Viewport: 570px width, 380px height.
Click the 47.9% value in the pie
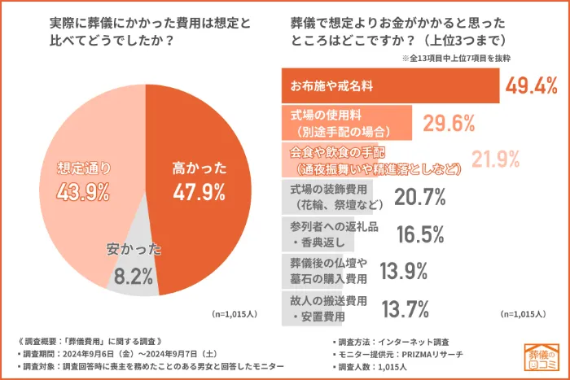199,192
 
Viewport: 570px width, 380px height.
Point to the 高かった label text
199,169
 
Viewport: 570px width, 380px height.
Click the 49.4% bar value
531,85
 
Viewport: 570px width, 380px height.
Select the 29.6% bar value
449,123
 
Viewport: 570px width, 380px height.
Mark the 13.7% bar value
406,308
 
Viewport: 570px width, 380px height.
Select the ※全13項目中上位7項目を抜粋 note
467,59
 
